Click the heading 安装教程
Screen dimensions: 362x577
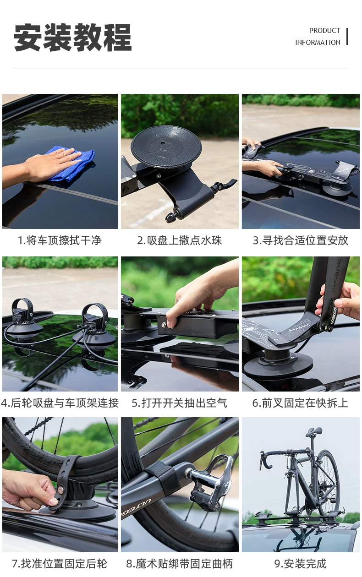pos(72,38)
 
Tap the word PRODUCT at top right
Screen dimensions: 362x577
pos(324,31)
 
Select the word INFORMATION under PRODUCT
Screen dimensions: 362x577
pos(318,43)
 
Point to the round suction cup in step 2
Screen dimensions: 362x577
pos(166,147)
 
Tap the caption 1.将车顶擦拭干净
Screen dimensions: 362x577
pos(60,240)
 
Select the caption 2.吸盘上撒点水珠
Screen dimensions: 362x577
pos(180,240)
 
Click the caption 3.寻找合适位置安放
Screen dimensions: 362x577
pos(301,240)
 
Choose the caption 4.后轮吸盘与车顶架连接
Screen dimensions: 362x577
pos(60,403)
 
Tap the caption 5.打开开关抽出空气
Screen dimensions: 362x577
pos(180,403)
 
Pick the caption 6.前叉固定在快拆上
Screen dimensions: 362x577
pos(301,403)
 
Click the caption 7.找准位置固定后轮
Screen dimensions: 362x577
pos(60,564)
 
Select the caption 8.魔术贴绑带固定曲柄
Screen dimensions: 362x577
pos(180,564)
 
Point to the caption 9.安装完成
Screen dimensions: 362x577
pos(301,564)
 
